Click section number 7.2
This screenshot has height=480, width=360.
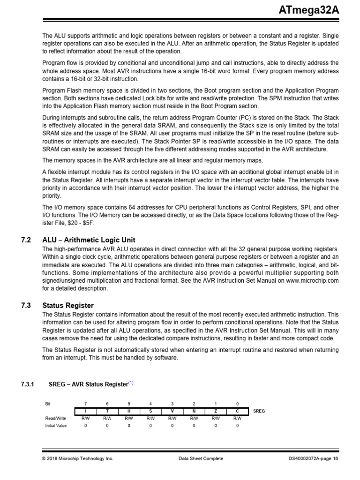(x=26, y=240)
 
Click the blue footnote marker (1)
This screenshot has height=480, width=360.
(x=131, y=382)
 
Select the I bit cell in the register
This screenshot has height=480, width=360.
(x=85, y=411)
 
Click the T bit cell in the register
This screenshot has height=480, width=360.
(x=107, y=411)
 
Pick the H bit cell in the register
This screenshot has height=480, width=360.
(x=129, y=411)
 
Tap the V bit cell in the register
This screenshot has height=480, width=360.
(x=172, y=411)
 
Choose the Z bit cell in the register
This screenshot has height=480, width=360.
(x=216, y=411)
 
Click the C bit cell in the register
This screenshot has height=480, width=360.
(x=237, y=411)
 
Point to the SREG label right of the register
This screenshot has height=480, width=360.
(x=259, y=411)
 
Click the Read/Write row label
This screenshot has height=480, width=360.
(x=55, y=418)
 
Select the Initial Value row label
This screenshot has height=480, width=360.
(x=56, y=426)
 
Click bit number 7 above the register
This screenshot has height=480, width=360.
(x=85, y=404)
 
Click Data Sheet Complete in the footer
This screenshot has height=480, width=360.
(x=201, y=458)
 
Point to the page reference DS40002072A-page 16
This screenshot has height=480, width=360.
(x=313, y=458)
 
